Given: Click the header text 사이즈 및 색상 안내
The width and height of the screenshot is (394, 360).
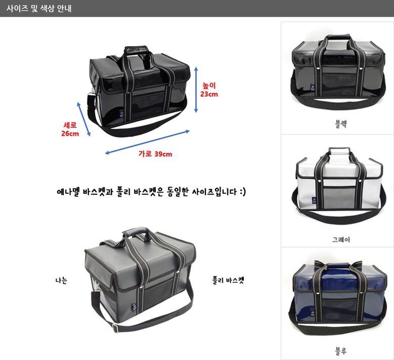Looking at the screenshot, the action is point(39,8).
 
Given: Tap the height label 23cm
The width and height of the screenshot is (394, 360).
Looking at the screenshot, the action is point(209,94).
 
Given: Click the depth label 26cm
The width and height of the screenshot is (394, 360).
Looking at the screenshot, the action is point(70,133).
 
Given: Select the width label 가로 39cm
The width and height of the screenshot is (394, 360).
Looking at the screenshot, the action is point(155,154).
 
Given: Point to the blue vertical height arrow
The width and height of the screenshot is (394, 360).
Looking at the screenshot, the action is point(196,89).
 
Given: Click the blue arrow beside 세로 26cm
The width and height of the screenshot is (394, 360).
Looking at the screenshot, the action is point(83,119).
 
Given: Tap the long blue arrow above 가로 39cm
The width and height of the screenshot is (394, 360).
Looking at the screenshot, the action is point(147,142).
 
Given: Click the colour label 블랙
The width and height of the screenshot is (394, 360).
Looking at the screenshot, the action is point(341,124).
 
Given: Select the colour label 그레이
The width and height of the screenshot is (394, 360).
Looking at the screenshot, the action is point(341,240).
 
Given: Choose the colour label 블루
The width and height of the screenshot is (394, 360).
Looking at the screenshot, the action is point(341,351).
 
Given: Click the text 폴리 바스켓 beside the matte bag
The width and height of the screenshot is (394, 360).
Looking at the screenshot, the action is point(228,280).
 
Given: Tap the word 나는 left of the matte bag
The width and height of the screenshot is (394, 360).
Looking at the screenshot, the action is point(61,280).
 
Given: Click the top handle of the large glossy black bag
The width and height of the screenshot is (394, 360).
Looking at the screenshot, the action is point(137,50).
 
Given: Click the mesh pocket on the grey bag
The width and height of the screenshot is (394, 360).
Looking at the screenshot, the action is point(339,197).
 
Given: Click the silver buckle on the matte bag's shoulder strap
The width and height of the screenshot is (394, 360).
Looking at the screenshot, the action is point(115,328).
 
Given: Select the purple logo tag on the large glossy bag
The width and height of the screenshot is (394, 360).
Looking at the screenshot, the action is point(122,114).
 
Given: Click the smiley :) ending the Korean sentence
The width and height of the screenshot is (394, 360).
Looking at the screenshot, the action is point(242,192).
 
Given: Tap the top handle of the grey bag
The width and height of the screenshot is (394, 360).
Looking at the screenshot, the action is point(339,151).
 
